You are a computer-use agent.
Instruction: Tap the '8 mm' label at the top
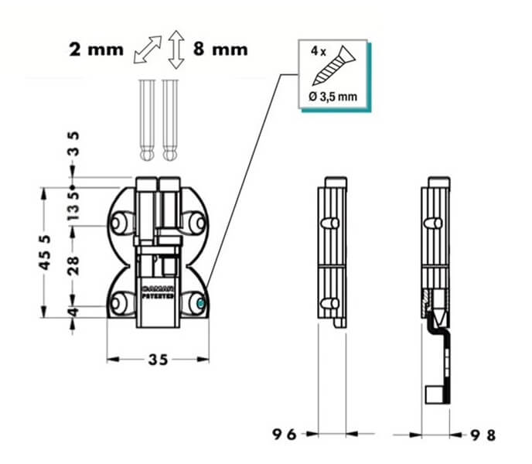coord(220,49)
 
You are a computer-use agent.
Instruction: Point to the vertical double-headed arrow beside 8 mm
coord(177,50)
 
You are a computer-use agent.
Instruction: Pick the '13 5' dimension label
coord(73,206)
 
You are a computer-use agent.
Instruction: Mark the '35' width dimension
coord(158,360)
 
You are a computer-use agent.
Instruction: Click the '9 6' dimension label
coord(284,434)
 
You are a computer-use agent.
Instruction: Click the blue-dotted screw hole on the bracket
coord(199,304)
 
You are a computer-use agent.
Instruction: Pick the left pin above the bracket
coord(147,120)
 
